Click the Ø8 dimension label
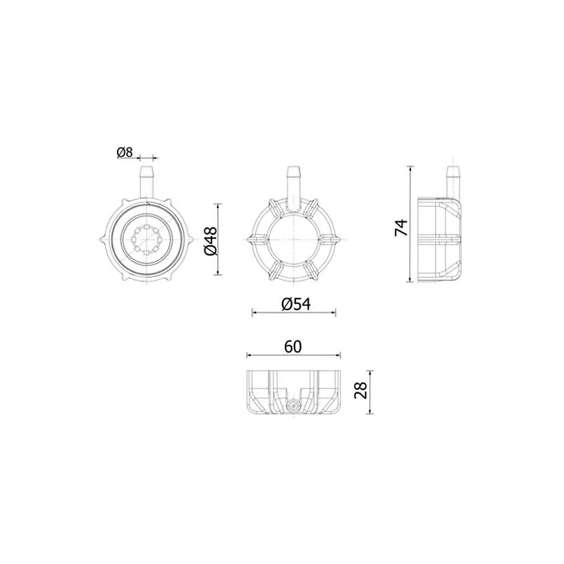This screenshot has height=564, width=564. (125, 152)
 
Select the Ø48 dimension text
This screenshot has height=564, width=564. (211, 241)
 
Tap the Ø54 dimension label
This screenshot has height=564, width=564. (296, 305)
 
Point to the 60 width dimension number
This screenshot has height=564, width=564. (293, 347)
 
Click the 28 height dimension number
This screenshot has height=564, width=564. (360, 390)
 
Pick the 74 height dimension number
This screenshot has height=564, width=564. (401, 227)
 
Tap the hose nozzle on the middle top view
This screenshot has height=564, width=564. (294, 188)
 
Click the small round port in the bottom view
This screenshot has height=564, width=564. (293, 406)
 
